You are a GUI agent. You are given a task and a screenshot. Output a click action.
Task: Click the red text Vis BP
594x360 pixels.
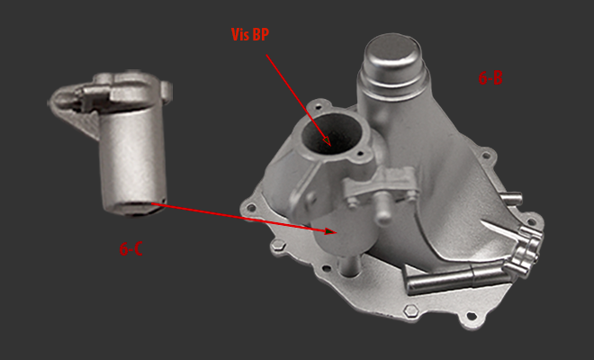(250, 34)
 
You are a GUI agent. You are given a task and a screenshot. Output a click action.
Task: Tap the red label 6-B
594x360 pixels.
(490, 78)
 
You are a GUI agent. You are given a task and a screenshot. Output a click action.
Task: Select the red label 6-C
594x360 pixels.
(131, 249)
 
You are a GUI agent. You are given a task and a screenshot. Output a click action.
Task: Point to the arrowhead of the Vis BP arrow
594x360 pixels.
(328, 141)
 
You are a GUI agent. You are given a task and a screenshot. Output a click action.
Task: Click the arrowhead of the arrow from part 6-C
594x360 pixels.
(330, 230)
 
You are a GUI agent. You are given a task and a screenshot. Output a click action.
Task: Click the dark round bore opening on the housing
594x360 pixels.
(330, 134)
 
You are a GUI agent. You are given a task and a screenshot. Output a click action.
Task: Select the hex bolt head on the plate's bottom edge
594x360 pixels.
(410, 312)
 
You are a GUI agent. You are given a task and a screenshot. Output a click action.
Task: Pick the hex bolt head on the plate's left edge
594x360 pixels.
(278, 247)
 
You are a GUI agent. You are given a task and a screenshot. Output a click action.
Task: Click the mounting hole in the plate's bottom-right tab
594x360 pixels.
(472, 316)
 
